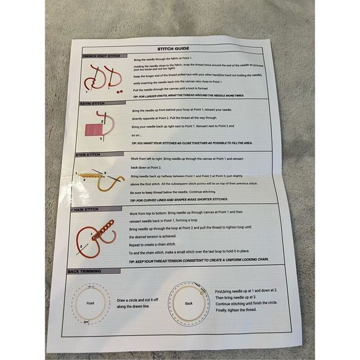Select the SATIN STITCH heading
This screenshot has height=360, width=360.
tap(94, 104)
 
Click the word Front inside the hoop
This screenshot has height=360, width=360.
tap(91, 304)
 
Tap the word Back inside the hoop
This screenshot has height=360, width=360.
tap(189, 304)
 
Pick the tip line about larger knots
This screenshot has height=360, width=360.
tap(188, 96)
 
